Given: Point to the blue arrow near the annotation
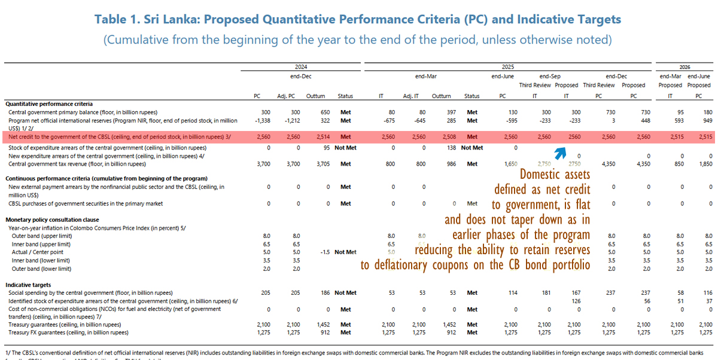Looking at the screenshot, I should point(560,154).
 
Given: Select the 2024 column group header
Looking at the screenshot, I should point(301,67).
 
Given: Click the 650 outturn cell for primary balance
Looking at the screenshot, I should point(318,112).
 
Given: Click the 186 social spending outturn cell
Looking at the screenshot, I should point(318,293).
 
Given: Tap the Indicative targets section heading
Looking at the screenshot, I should point(28,285).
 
